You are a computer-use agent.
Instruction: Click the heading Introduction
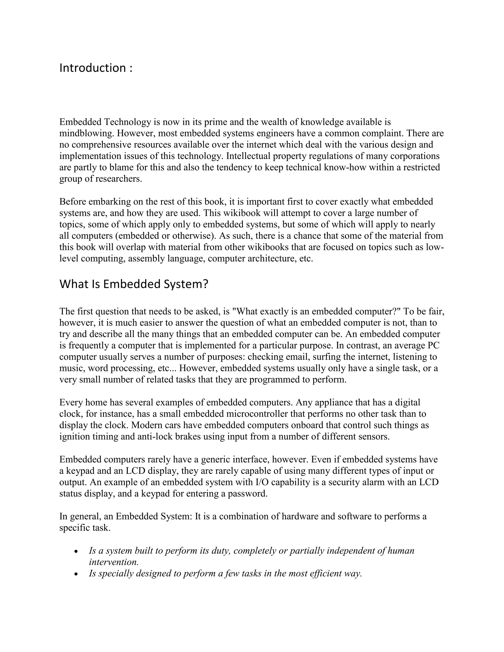point(93,68)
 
